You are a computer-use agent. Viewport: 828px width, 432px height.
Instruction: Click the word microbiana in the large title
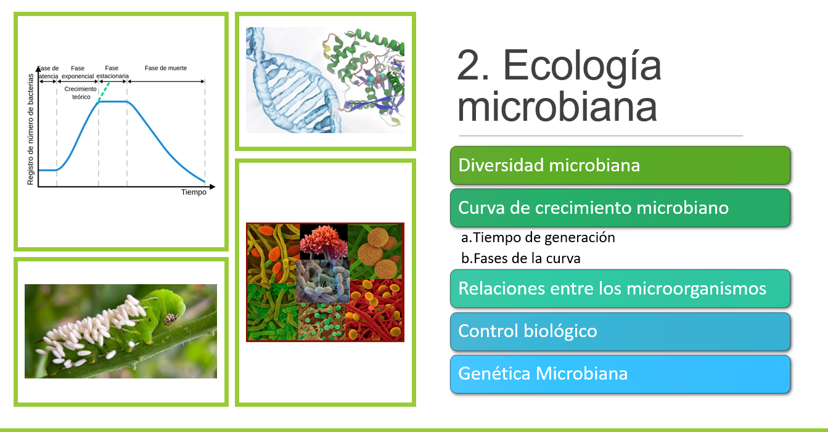(x=557, y=107)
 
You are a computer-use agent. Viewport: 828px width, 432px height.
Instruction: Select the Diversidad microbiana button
(x=620, y=165)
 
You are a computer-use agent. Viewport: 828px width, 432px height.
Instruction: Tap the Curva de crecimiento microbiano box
(x=620, y=208)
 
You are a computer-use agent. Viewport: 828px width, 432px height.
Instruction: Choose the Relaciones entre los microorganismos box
(x=620, y=288)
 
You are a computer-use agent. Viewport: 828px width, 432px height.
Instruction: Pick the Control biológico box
(x=620, y=331)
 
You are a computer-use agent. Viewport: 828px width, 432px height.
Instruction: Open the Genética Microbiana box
(x=620, y=374)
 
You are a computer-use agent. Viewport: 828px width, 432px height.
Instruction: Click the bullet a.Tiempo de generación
(x=538, y=238)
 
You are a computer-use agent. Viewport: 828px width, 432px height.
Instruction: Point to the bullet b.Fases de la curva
(x=520, y=258)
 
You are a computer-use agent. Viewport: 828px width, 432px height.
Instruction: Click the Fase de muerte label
(x=166, y=68)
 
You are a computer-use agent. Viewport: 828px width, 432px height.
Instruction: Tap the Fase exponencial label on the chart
(x=78, y=72)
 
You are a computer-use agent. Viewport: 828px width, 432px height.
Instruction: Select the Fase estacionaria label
(x=112, y=72)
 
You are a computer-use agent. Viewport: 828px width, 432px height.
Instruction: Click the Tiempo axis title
(x=194, y=192)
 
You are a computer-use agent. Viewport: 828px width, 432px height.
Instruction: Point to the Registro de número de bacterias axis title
(x=30, y=129)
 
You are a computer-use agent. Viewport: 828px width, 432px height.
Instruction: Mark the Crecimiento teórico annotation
(x=81, y=93)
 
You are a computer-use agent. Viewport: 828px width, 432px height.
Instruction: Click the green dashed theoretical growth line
(x=104, y=92)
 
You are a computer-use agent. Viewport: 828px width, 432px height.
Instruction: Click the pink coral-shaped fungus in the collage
(x=324, y=242)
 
